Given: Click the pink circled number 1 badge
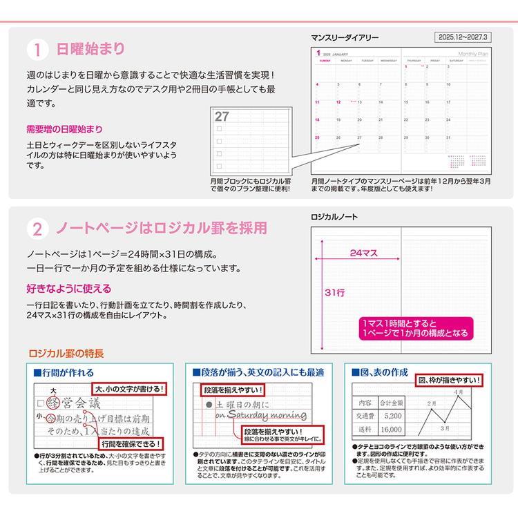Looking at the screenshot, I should click(x=37, y=50).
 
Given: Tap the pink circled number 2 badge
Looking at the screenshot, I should click(x=37, y=229).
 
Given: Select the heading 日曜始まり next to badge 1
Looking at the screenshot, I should click(x=92, y=49).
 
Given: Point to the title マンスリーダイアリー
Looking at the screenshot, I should click(x=345, y=39).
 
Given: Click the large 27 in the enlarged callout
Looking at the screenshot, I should click(x=222, y=117).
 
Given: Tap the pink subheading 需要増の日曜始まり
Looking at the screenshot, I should click(x=64, y=129).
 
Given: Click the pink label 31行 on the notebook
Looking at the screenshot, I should click(x=334, y=292).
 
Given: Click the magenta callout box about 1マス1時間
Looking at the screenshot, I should click(x=414, y=328).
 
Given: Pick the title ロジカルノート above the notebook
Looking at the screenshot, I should click(x=334, y=217).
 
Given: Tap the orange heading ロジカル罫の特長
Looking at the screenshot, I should click(x=66, y=354).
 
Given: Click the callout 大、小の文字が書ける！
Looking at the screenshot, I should click(x=130, y=389).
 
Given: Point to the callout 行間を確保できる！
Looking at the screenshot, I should click(x=131, y=443).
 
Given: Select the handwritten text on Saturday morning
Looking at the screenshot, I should click(x=261, y=415).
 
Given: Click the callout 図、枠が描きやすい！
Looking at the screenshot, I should click(x=449, y=381).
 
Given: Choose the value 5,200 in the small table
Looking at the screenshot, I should click(x=393, y=416).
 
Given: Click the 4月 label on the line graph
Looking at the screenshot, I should click(x=459, y=392).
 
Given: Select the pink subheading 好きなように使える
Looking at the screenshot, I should click(x=68, y=289).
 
